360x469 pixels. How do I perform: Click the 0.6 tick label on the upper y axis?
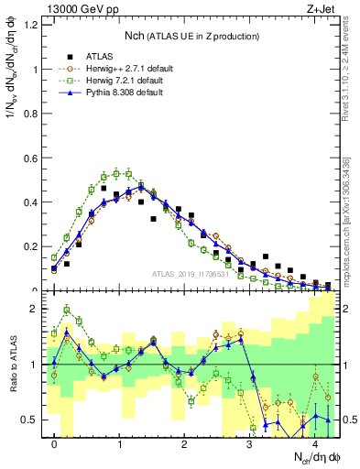click(31, 158)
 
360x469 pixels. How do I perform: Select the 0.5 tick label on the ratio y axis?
click(31, 420)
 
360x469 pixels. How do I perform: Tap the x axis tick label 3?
click(249, 445)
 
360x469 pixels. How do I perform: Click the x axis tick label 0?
click(55, 445)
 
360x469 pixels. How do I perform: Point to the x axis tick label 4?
click(314, 445)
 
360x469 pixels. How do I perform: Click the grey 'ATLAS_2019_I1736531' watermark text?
click(190, 274)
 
